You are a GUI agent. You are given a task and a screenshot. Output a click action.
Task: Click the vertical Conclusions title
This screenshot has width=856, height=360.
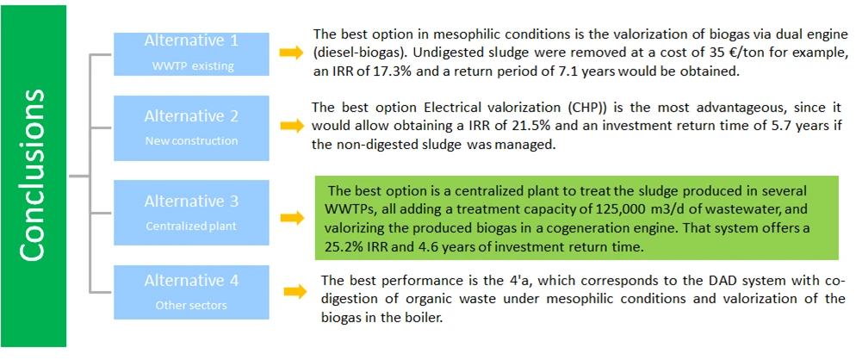tap(33, 177)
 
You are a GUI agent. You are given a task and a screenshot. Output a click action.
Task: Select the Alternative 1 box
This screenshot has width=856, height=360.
tap(191, 53)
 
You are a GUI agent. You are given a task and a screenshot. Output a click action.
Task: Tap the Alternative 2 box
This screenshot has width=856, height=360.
tap(191, 127)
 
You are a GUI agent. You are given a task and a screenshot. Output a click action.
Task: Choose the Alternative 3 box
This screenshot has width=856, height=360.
tap(191, 213)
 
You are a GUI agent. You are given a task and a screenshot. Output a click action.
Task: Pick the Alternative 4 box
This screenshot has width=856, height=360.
tap(191, 292)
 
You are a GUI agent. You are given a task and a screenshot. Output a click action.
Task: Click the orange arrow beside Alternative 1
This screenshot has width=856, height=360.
tap(291, 53)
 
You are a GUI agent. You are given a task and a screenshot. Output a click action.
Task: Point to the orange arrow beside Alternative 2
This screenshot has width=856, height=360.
tap(291, 127)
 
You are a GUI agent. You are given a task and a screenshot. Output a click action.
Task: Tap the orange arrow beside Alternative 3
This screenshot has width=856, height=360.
tap(291, 218)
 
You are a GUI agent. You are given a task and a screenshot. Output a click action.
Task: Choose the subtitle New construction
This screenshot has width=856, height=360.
tap(191, 141)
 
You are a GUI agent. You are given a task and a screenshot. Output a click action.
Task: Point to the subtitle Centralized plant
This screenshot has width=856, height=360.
tap(191, 227)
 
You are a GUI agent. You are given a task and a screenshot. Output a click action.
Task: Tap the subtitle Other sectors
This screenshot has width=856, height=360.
tap(191, 305)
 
